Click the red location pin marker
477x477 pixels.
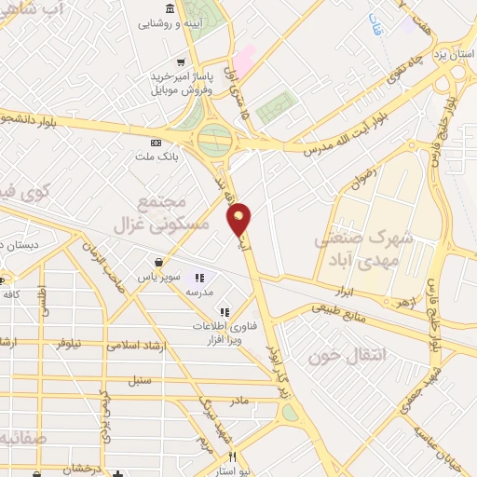(x=239, y=219)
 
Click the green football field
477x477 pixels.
(x=277, y=107)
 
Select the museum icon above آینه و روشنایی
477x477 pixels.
(x=169, y=9)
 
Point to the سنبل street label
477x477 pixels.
(x=142, y=380)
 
